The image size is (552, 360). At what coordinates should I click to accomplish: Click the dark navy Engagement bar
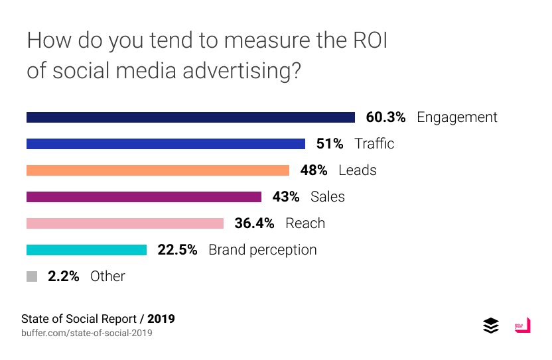[190, 117]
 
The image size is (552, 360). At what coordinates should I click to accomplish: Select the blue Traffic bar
[166, 144]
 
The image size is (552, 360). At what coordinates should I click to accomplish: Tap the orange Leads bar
[158, 170]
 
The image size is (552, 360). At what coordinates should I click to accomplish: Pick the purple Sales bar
[144, 197]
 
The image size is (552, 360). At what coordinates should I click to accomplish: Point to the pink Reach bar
[125, 223]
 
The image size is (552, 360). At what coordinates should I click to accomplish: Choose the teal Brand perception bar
[86, 250]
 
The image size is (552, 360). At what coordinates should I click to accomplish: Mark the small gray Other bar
[32, 276]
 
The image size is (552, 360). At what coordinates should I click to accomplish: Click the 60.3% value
[385, 117]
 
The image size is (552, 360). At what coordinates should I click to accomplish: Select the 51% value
[330, 144]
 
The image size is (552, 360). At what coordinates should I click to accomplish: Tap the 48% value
[314, 170]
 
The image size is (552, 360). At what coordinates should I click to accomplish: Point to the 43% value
[286, 197]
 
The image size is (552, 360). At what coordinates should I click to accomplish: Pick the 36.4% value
[254, 223]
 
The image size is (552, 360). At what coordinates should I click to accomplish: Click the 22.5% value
[177, 250]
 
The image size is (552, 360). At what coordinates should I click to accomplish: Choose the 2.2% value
[64, 276]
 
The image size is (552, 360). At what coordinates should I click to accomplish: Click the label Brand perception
[263, 250]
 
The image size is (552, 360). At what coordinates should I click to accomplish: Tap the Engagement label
[457, 117]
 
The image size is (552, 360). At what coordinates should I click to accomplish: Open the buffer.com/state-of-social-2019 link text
[87, 333]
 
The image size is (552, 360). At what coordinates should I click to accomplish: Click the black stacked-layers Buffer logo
[491, 326]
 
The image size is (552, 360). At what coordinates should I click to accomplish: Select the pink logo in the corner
[522, 326]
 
